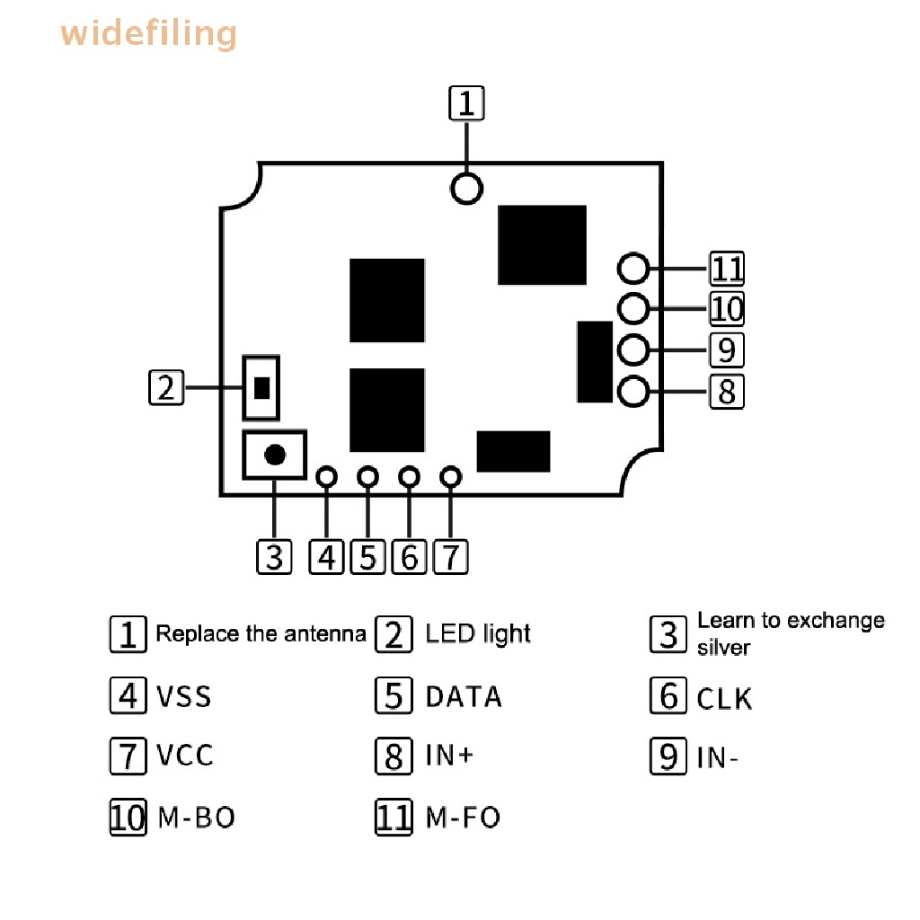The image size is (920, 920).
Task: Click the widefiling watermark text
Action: click(x=148, y=33)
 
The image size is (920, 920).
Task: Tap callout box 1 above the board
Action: click(x=466, y=103)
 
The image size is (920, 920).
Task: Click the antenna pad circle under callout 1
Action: click(x=466, y=189)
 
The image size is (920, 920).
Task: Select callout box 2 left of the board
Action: click(x=166, y=387)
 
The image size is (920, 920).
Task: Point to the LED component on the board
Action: click(x=261, y=388)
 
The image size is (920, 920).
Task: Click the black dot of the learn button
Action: click(x=275, y=454)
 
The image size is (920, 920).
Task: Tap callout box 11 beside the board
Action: click(x=727, y=268)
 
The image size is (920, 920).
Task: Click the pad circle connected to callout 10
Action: click(x=633, y=309)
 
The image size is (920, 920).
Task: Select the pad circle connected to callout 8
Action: click(x=633, y=392)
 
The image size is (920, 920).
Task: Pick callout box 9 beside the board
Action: click(x=727, y=350)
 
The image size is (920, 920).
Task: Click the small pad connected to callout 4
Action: click(x=326, y=476)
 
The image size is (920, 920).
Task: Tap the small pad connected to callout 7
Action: click(x=451, y=476)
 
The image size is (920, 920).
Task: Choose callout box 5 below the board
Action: click(x=367, y=557)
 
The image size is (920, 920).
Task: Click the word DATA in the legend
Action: click(x=464, y=697)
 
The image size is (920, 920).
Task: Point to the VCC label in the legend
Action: click(x=184, y=755)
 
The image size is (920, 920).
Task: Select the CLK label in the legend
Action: click(x=724, y=699)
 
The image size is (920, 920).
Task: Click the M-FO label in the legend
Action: click(x=463, y=818)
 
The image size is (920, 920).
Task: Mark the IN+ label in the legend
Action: click(x=449, y=755)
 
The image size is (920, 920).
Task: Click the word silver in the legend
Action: click(x=723, y=648)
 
